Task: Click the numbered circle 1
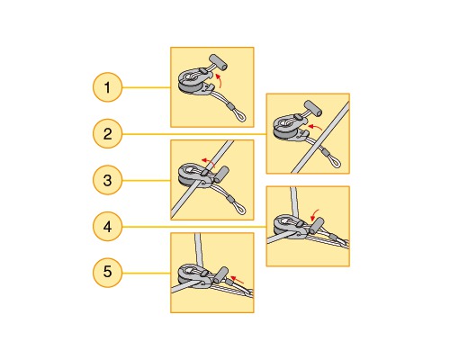click(107, 87)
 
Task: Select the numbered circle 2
click(107, 134)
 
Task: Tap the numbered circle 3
click(107, 180)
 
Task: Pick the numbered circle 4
click(107, 227)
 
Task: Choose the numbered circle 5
click(107, 273)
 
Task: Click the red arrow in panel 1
click(220, 80)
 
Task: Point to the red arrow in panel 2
click(315, 127)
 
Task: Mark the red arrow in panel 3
click(208, 162)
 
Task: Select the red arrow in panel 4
click(314, 214)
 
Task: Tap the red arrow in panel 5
click(238, 280)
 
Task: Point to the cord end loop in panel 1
click(240, 116)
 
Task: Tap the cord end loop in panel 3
click(240, 209)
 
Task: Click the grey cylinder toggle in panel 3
click(221, 175)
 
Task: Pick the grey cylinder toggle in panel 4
click(317, 225)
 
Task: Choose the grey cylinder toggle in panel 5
click(221, 274)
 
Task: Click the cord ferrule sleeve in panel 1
click(230, 105)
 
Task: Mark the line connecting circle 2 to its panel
click(194, 134)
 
